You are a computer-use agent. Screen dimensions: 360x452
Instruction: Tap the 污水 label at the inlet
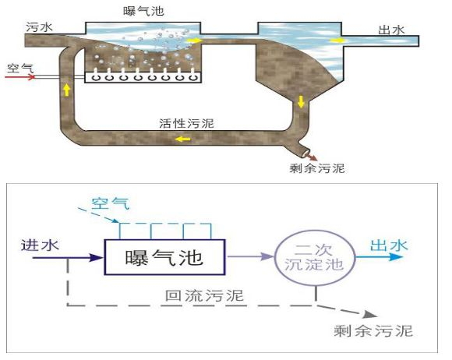37,28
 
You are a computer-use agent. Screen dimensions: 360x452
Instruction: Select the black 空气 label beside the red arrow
20,68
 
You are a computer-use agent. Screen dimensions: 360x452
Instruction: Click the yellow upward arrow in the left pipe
65,89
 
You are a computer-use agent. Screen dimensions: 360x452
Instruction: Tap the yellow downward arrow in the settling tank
301,101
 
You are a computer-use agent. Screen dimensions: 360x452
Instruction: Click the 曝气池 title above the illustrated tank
144,10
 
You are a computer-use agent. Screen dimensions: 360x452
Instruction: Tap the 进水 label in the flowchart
37,246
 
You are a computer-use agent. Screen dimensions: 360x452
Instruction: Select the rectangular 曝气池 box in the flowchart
164,258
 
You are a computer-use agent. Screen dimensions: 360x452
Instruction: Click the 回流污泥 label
203,295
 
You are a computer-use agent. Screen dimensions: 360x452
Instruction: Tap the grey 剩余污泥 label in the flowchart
373,330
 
